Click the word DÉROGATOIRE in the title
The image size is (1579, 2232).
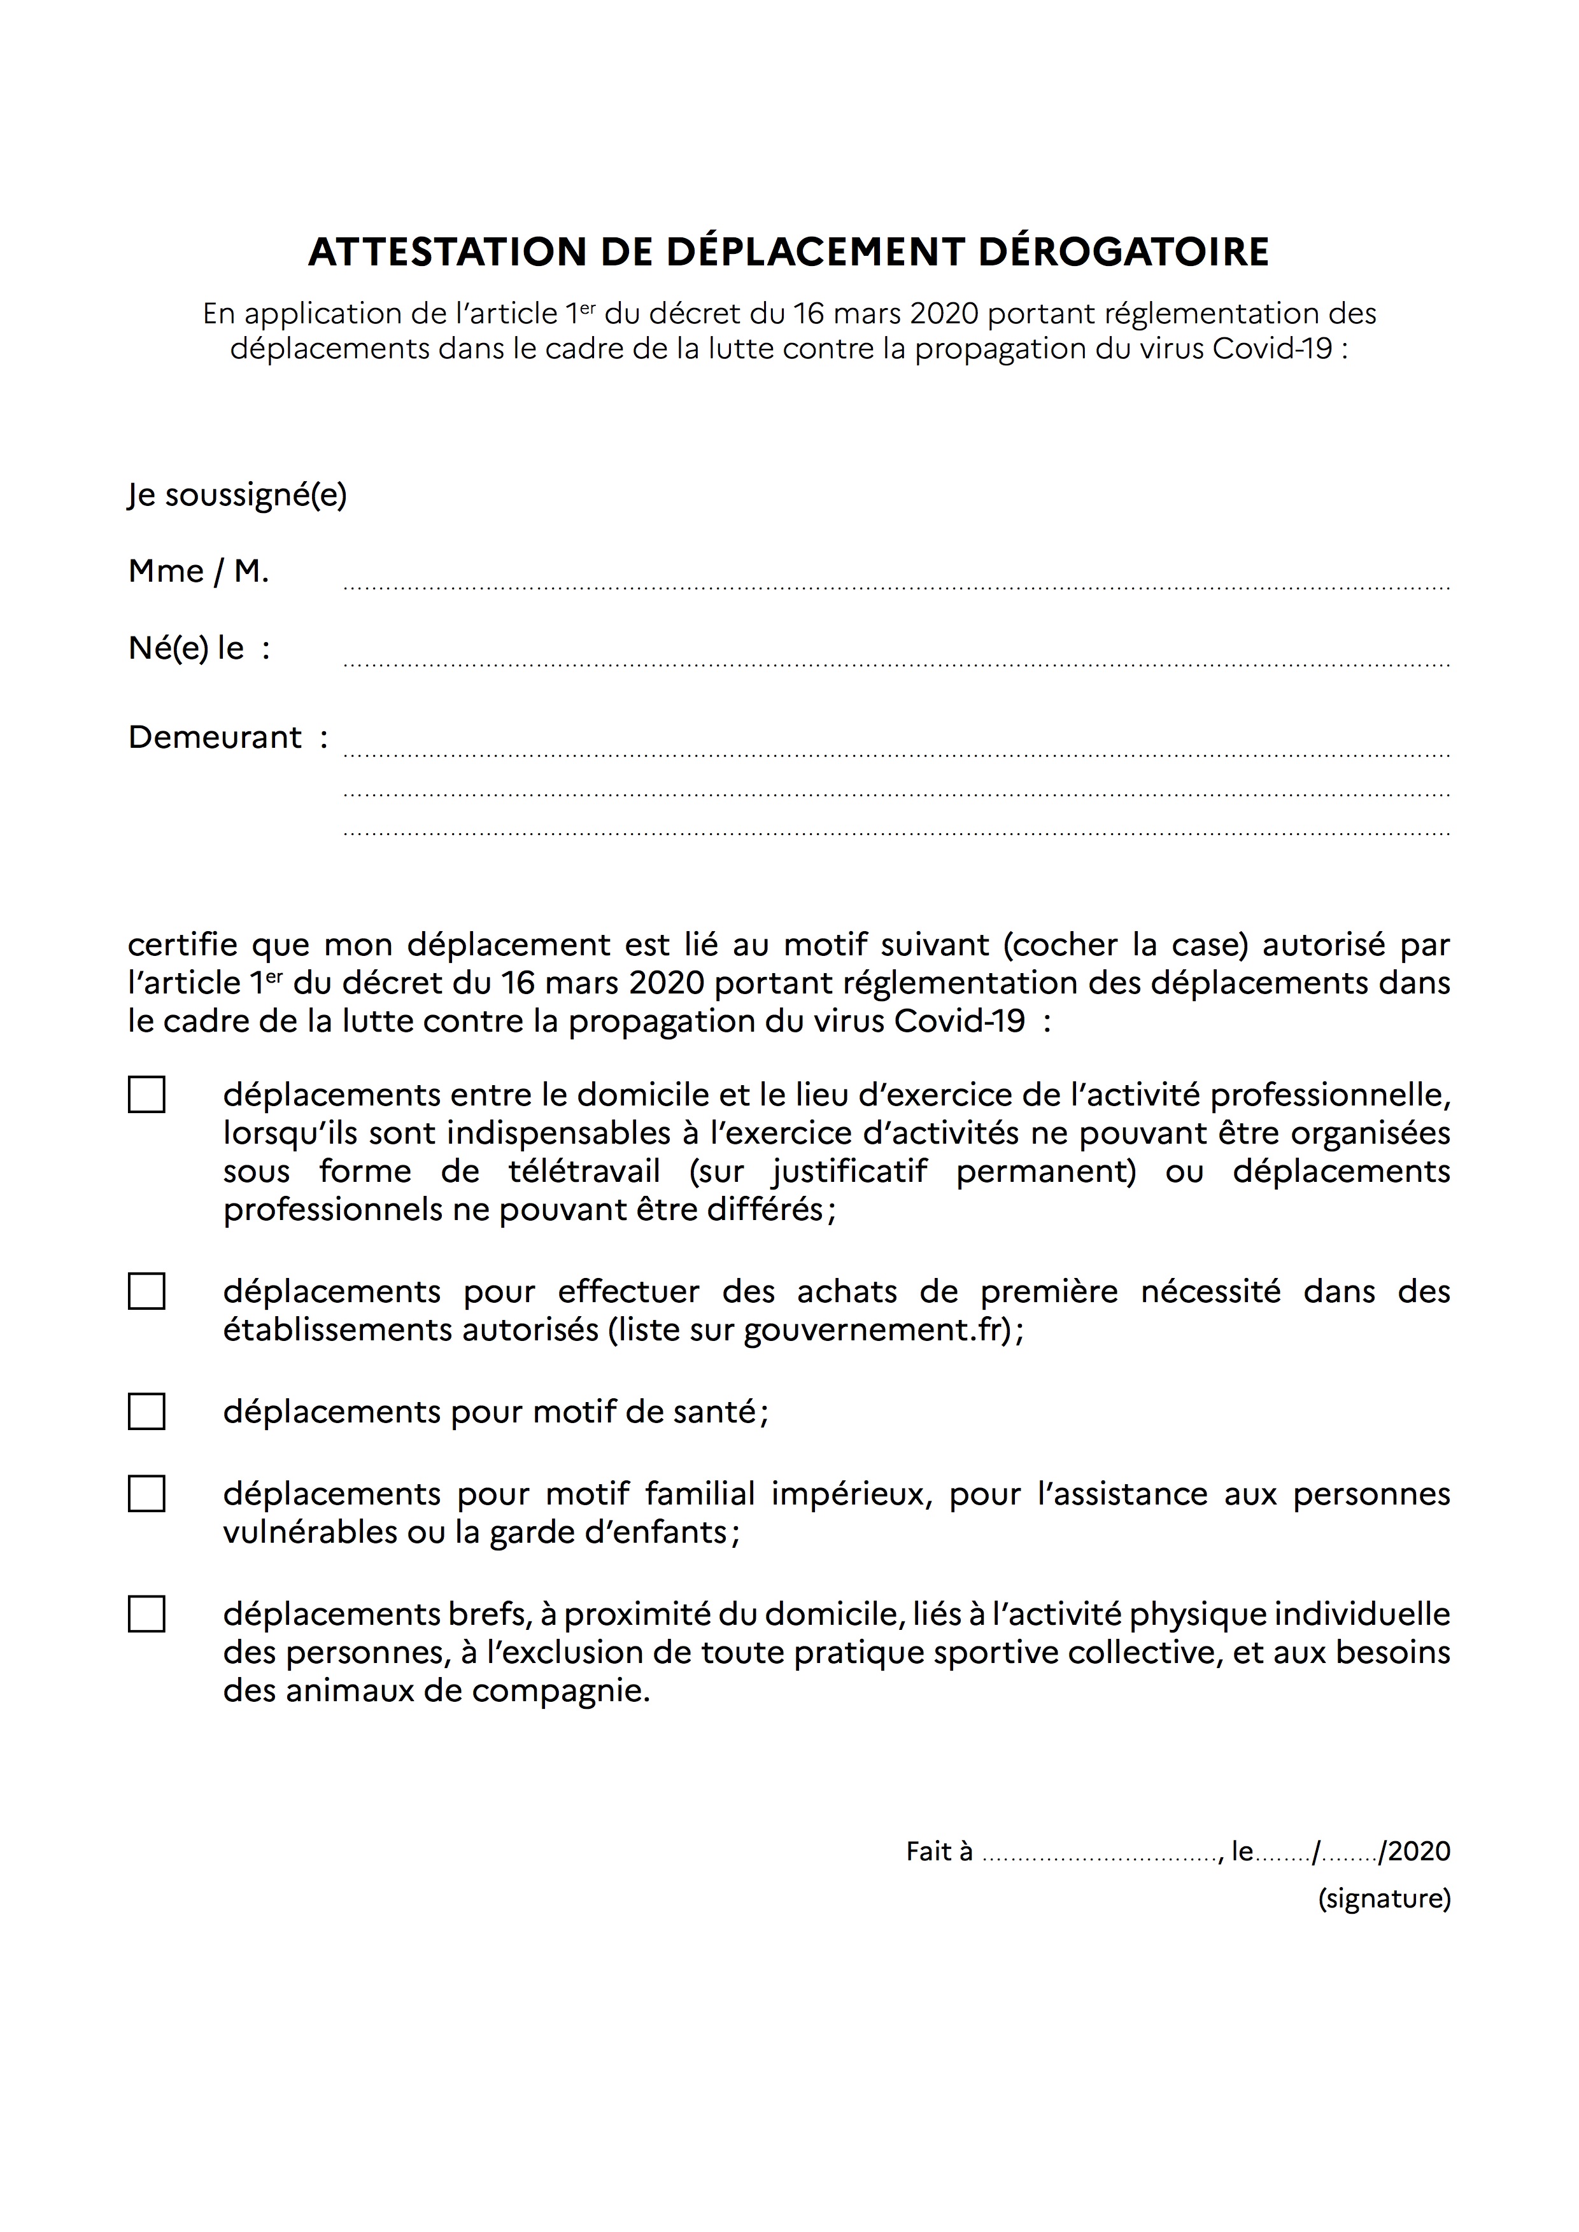1123,252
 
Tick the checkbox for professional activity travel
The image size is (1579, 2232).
147,1095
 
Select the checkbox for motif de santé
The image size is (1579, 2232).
147,1412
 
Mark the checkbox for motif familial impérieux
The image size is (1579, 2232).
147,1493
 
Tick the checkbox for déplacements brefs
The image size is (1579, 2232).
147,1614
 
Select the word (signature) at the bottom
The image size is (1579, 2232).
1384,1898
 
